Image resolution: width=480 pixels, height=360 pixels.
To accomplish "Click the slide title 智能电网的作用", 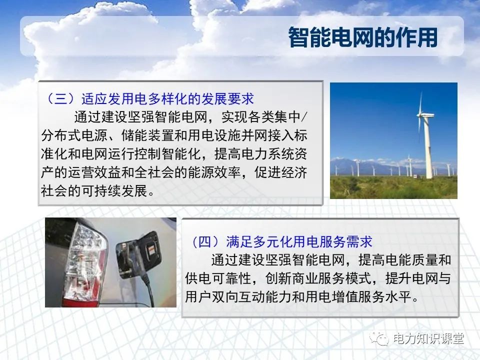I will [x=363, y=37].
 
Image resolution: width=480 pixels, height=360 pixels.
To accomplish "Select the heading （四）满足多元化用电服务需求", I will [x=281, y=242].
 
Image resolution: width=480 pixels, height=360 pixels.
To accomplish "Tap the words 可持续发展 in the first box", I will [x=115, y=191].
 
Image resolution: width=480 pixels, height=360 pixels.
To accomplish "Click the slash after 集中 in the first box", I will [x=305, y=116].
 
